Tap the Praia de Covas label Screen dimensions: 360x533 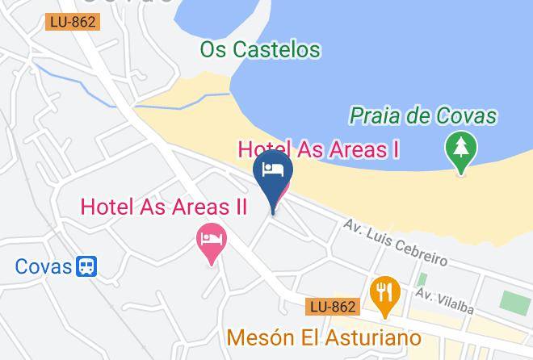coord(422,116)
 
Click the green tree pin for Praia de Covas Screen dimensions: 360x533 coord(461,150)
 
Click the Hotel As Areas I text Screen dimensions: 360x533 coord(319,149)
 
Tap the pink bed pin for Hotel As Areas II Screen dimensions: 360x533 coord(212,241)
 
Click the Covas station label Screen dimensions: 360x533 coord(43,266)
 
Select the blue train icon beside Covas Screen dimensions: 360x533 coord(86,266)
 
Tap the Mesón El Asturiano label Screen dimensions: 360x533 coord(325,336)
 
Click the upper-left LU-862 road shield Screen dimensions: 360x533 coord(72,23)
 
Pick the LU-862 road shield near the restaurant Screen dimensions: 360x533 coord(332,307)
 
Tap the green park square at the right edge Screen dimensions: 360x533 coord(514,300)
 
